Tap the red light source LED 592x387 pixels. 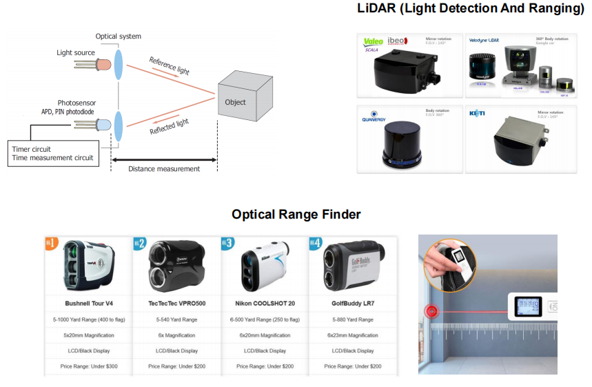coord(104,64)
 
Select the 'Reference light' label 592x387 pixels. coord(169,66)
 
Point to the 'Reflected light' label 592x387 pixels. coord(169,127)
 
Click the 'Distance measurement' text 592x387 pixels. coord(164,169)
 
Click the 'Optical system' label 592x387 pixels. coord(119,36)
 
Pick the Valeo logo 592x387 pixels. coord(373,42)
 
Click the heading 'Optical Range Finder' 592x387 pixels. coord(296,215)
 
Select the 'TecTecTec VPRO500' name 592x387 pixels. coord(176,303)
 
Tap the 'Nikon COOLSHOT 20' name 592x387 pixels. coord(265,303)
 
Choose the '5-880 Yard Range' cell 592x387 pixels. coord(351,319)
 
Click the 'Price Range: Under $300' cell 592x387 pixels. coord(88,366)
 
